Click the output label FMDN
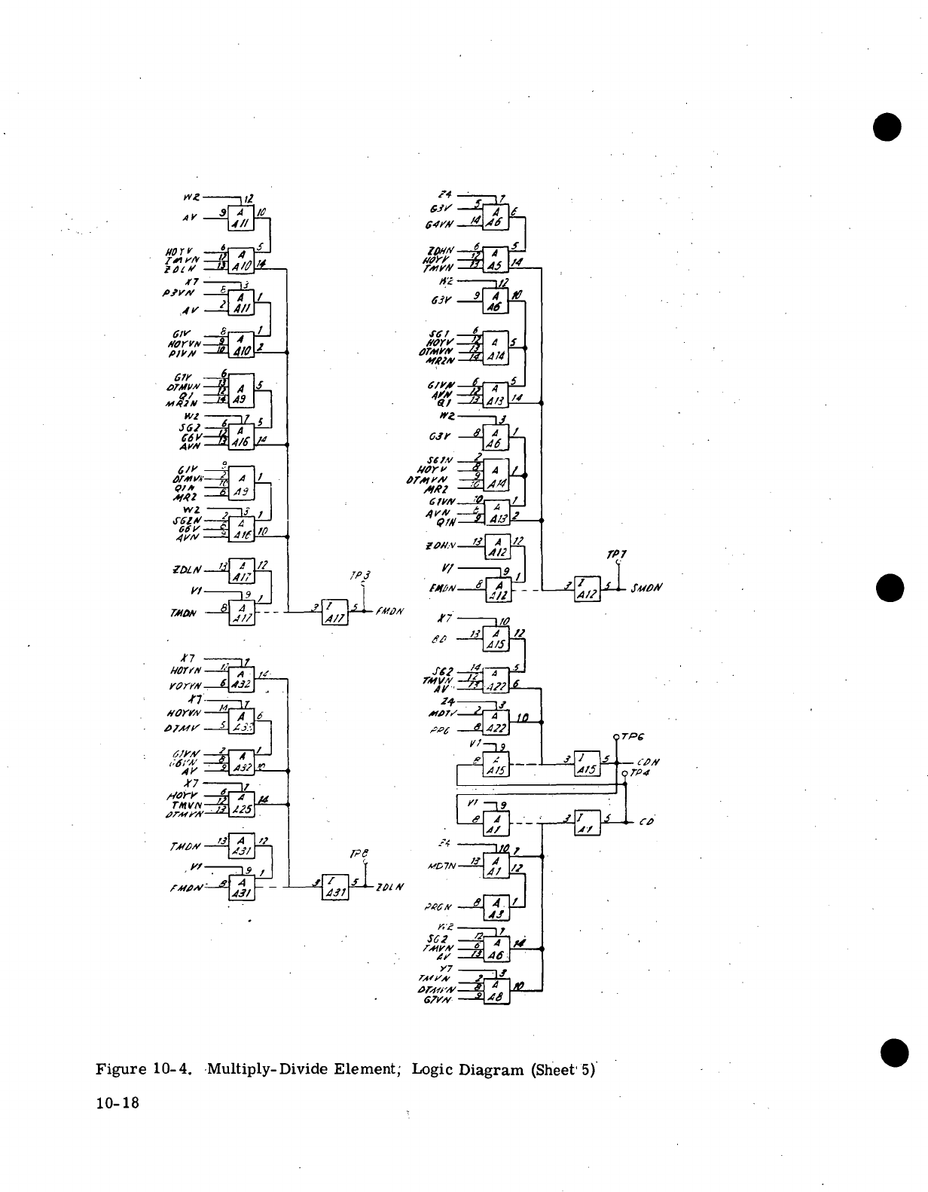tap(389, 611)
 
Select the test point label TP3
tap(358, 576)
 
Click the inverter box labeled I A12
tap(586, 588)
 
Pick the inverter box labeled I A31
tap(334, 888)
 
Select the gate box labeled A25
tap(243, 805)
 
